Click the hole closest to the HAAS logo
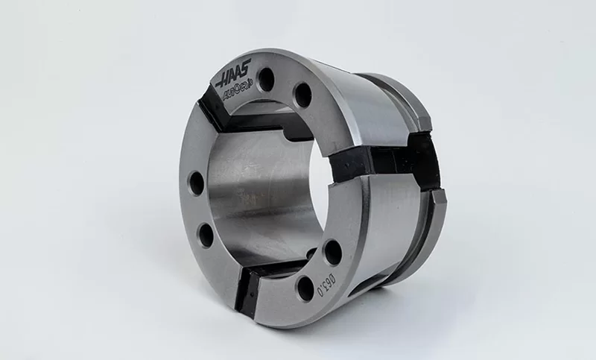(x=267, y=77)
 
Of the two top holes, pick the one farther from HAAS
(x=302, y=95)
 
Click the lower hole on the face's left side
(x=206, y=235)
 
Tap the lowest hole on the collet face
(x=304, y=286)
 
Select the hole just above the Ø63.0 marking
(x=332, y=252)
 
